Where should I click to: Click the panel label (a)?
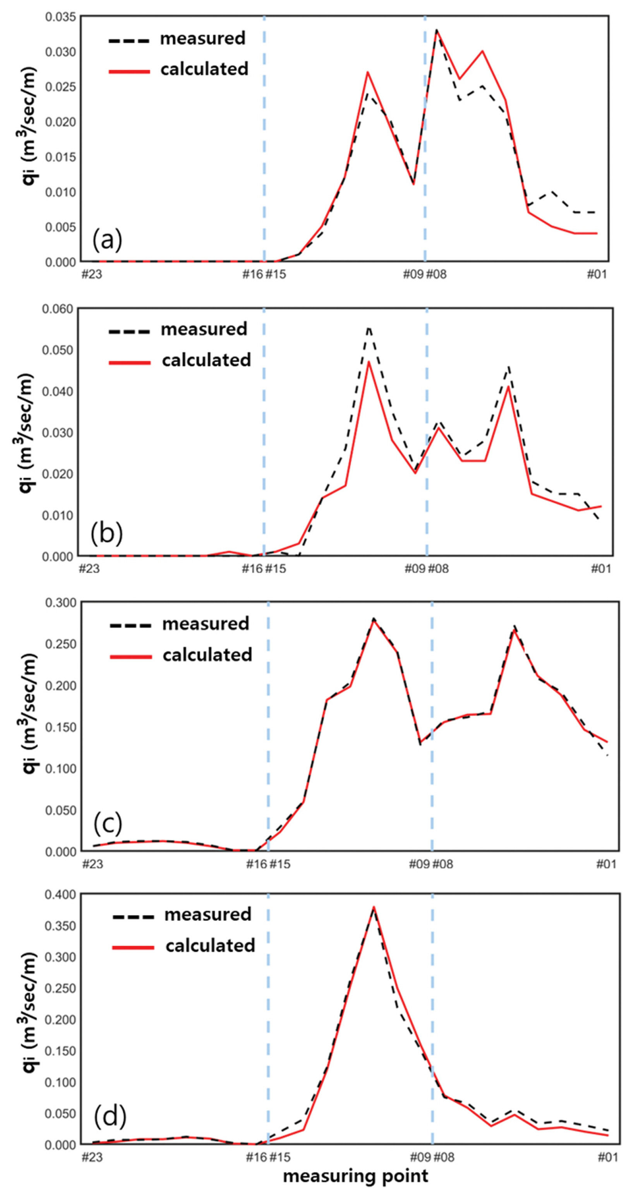click(107, 240)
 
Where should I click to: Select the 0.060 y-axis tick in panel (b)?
click(57, 309)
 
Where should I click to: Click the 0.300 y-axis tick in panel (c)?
click(60, 603)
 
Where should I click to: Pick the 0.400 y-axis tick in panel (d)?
click(60, 895)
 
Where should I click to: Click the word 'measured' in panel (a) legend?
click(202, 38)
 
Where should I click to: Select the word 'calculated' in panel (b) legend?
click(206, 360)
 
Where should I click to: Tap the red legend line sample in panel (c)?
click(131, 656)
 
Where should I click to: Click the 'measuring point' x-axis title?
click(355, 1176)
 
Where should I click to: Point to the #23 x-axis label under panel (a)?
click(92, 274)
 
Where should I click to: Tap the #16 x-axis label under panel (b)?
click(252, 568)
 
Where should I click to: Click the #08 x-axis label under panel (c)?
click(443, 864)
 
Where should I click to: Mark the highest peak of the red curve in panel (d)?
click(374, 907)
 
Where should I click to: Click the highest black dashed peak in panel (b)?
click(369, 328)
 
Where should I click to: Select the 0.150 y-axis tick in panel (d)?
click(60, 1051)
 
